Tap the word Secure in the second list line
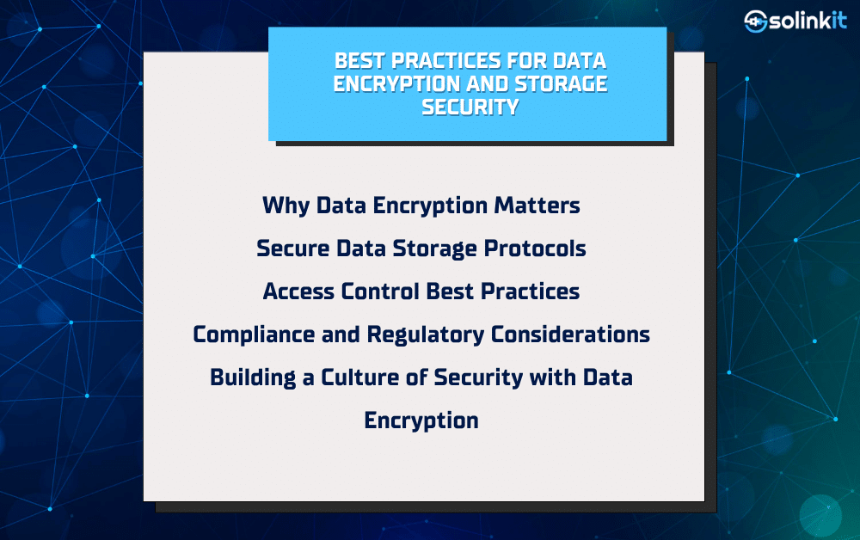tap(293, 249)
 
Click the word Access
tap(298, 291)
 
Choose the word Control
tap(381, 291)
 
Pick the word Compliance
tap(254, 334)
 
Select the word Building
tap(253, 377)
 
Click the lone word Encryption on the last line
tap(421, 421)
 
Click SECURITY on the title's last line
tap(470, 107)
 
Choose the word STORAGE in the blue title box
tap(561, 84)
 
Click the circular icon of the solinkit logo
tap(755, 21)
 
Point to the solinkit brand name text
tap(808, 21)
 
